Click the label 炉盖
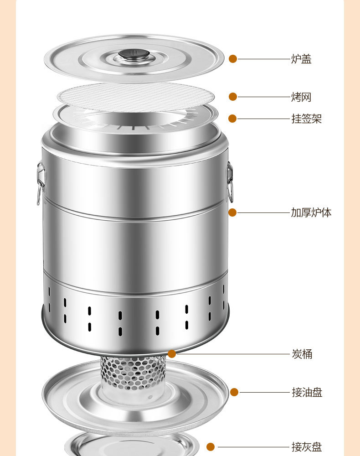point(301,59)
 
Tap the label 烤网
point(301,97)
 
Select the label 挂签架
point(307,119)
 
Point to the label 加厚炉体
point(311,212)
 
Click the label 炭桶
point(302,354)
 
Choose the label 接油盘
point(307,392)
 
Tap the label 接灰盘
point(307,447)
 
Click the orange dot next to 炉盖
point(233,59)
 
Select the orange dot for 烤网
point(233,97)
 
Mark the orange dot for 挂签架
point(232,119)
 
